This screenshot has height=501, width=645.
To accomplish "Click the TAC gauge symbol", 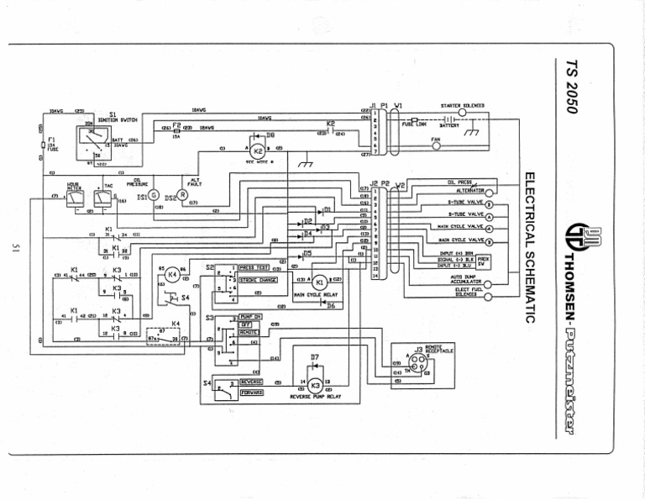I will pyautogui.click(x=101, y=198).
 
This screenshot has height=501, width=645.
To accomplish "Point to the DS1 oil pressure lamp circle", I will pyautogui.click(x=154, y=195).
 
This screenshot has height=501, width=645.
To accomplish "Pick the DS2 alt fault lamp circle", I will pyautogui.click(x=182, y=195).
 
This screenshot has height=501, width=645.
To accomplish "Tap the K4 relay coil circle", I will pyautogui.click(x=172, y=274).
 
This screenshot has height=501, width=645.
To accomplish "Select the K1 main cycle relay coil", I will pyautogui.click(x=319, y=282).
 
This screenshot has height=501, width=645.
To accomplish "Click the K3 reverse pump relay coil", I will pyautogui.click(x=314, y=383).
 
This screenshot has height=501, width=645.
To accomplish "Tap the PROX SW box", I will pyautogui.click(x=484, y=259).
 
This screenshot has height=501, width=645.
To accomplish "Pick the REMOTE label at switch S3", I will pyautogui.click(x=248, y=333).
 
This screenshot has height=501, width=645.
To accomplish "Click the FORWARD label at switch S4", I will pyautogui.click(x=251, y=392).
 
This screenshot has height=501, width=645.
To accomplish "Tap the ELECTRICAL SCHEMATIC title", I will pyautogui.click(x=530, y=248).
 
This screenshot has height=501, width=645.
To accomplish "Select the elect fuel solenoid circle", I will pyautogui.click(x=488, y=294).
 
